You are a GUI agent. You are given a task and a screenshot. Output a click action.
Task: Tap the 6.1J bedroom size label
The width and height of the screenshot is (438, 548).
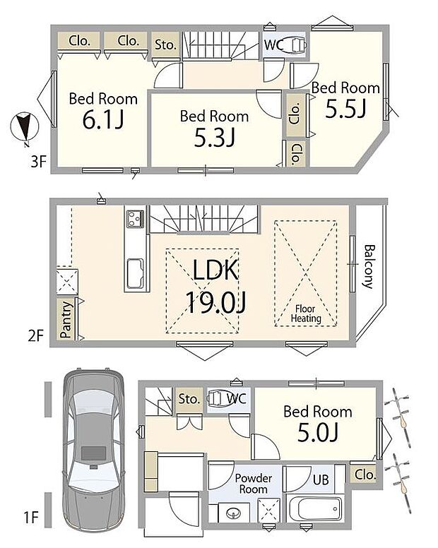click(x=103, y=120)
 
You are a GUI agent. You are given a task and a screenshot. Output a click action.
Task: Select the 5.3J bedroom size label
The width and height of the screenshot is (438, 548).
click(x=215, y=137)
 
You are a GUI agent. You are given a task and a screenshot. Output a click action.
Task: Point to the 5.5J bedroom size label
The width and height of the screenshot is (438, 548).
click(x=345, y=108)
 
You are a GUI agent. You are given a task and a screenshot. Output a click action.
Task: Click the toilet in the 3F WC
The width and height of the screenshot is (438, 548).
click(x=296, y=44)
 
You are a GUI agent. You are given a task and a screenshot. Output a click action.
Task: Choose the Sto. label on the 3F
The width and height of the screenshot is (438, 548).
click(x=165, y=44)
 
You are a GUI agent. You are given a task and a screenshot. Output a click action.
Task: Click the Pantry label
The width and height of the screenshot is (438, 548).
click(x=66, y=320)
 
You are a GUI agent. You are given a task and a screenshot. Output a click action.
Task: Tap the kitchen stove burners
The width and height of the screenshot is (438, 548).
click(x=136, y=218)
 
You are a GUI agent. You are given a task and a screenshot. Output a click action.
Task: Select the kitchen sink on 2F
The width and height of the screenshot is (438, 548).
click(x=135, y=273)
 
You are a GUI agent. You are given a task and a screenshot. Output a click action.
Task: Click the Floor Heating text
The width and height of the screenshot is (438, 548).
click(x=306, y=314)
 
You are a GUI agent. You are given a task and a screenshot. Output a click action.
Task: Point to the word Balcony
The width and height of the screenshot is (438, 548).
click(x=369, y=266)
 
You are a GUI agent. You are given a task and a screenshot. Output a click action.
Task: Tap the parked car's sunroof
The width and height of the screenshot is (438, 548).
click(x=94, y=453)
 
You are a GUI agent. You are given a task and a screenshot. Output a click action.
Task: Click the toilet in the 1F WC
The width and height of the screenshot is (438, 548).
click(x=217, y=398)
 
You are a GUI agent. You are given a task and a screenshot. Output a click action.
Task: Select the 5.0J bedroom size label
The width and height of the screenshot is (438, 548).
click(x=318, y=433)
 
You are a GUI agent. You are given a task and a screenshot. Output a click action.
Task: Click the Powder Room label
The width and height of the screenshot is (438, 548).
click(x=253, y=484)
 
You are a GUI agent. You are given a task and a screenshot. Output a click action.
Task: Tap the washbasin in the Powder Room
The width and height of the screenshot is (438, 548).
click(x=233, y=513)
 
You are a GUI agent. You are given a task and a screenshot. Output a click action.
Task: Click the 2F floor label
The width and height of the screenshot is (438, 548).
click(x=35, y=336)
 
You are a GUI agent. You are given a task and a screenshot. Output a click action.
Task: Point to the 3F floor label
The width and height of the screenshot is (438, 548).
click(x=38, y=162)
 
